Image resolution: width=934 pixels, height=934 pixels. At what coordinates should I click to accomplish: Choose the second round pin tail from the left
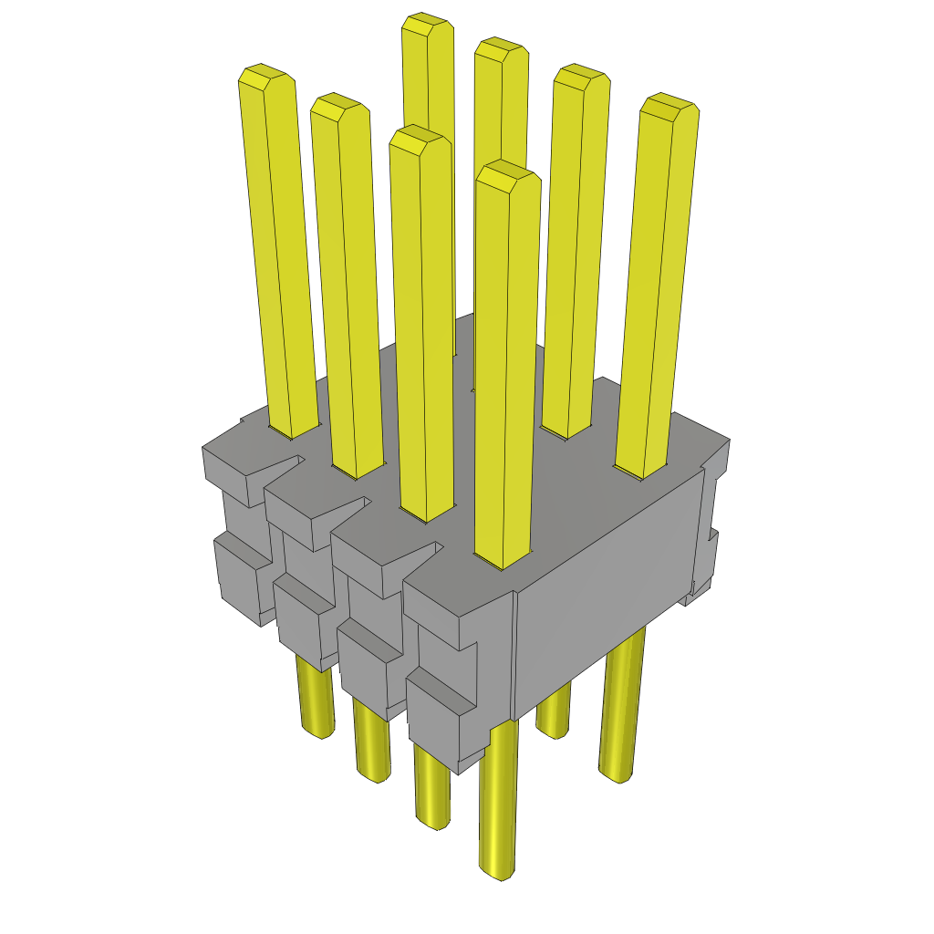tap(371, 748)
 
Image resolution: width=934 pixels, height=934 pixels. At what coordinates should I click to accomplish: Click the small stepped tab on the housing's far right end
tap(707, 556)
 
